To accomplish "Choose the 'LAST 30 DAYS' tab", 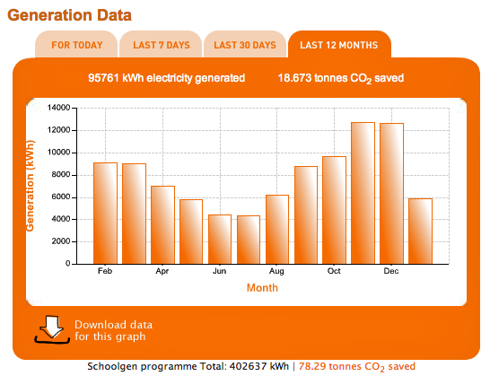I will click(x=244, y=45).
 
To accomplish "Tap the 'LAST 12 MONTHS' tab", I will click(x=339, y=45).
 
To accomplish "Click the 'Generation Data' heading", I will click(x=69, y=14).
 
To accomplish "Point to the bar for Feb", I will click(x=105, y=214).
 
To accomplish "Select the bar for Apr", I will click(x=162, y=225).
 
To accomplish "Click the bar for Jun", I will click(x=220, y=240).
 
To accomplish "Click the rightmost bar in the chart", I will click(x=420, y=232).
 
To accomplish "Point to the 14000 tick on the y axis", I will click(x=59, y=108).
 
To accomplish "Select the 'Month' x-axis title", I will click(x=263, y=288).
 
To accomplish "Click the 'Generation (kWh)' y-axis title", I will click(x=31, y=186).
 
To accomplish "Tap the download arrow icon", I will click(x=52, y=328).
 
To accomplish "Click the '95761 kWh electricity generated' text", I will click(x=166, y=78).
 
